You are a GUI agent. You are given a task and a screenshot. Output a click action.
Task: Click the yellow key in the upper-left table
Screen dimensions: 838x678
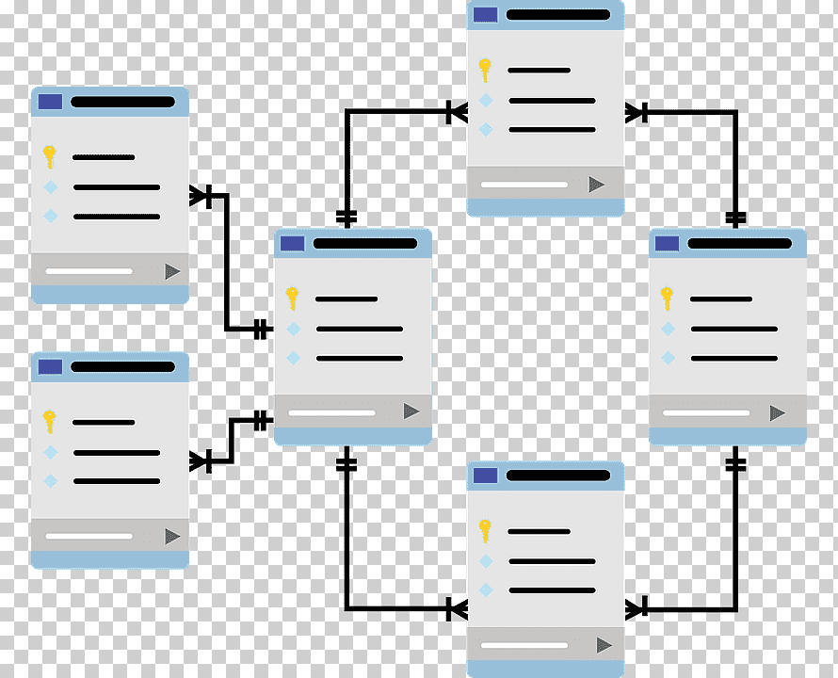pos(50,156)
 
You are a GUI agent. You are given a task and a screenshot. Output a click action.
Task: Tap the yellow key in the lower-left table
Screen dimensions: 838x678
pos(50,421)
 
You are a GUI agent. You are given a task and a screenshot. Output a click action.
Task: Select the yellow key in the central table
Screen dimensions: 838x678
pos(293,298)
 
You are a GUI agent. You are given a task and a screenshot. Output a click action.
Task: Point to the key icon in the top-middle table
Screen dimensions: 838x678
pos(485,70)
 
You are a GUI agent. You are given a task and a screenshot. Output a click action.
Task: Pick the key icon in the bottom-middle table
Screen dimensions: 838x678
pos(485,530)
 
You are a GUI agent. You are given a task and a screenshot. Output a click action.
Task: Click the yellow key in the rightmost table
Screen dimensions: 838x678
pos(667,298)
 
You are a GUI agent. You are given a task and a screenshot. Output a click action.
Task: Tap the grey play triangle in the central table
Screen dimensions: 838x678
pos(411,412)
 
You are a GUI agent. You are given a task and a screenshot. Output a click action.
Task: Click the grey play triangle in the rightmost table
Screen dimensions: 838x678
pos(777,412)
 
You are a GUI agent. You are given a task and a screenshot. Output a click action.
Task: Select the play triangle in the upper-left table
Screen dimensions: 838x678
pos(172,271)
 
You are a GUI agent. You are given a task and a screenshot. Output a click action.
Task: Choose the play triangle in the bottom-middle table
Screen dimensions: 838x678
pos(604,645)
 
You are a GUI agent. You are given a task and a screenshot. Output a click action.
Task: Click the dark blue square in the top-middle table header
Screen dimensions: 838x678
pos(485,14)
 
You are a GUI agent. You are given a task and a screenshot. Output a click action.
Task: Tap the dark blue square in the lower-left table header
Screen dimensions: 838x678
pos(49,366)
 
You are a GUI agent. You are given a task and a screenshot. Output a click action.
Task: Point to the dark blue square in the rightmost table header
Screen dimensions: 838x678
pos(667,243)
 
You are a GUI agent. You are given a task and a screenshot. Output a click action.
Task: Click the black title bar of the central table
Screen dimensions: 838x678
pos(364,243)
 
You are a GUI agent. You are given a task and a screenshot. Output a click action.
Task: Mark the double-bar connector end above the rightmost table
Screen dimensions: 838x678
pos(736,218)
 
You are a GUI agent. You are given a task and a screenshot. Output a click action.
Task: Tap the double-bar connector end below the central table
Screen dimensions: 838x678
pos(346,463)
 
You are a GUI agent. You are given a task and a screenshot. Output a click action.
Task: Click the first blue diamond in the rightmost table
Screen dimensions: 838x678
pos(668,329)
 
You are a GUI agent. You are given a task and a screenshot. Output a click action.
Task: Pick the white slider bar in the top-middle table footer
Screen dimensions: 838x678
pos(524,185)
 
